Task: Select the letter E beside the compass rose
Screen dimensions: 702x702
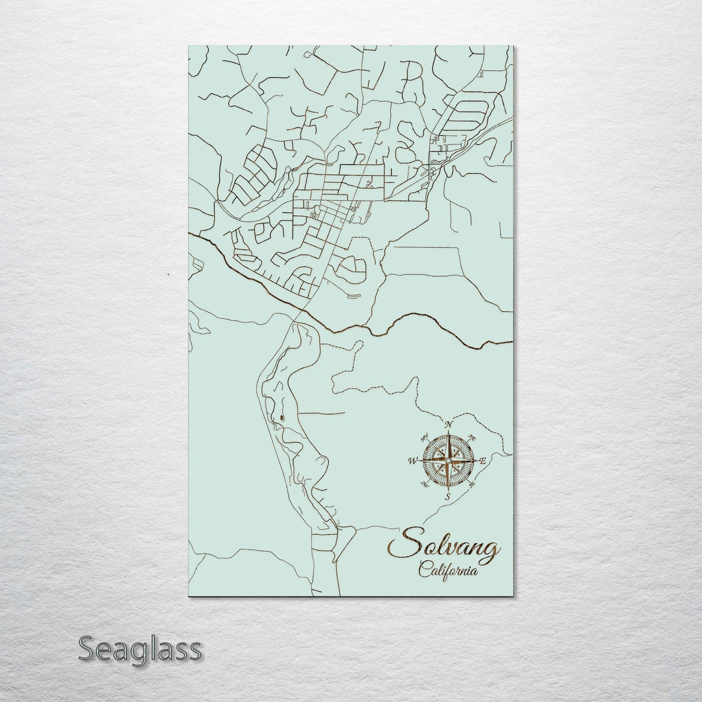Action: coord(483,461)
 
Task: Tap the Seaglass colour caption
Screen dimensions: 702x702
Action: coord(139,649)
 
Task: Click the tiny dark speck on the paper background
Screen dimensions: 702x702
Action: coord(168,274)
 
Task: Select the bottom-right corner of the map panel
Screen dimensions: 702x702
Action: coord(513,596)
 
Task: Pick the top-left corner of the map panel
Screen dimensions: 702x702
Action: coord(188,46)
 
